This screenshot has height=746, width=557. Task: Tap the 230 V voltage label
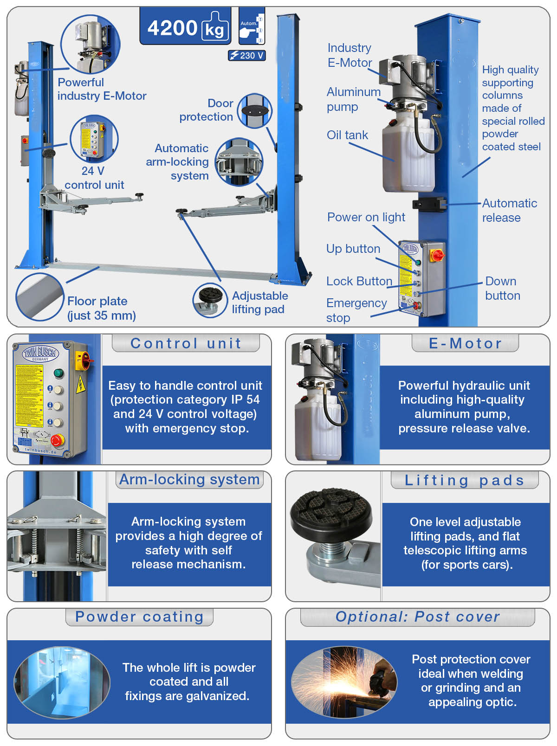click(x=247, y=56)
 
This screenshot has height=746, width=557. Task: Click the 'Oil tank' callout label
click(x=347, y=135)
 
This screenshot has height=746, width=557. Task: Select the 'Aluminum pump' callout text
click(x=353, y=99)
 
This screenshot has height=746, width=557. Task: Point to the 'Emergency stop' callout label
click(x=356, y=310)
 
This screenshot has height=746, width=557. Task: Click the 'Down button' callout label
click(x=502, y=288)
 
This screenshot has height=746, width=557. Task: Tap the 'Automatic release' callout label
click(x=509, y=210)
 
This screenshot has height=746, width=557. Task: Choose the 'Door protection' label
click(x=207, y=110)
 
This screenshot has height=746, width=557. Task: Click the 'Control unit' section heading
click(x=186, y=343)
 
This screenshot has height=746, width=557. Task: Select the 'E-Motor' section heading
click(x=465, y=343)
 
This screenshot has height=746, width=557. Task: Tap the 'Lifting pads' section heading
click(x=465, y=480)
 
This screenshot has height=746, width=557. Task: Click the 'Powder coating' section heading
click(x=139, y=617)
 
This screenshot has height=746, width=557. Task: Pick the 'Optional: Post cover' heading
click(x=418, y=617)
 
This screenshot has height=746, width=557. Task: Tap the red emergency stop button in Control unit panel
click(x=57, y=440)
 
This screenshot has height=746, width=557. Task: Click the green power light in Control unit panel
click(x=58, y=373)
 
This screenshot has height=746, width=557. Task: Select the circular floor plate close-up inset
click(x=39, y=297)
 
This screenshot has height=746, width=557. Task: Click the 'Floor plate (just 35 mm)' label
click(x=101, y=308)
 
